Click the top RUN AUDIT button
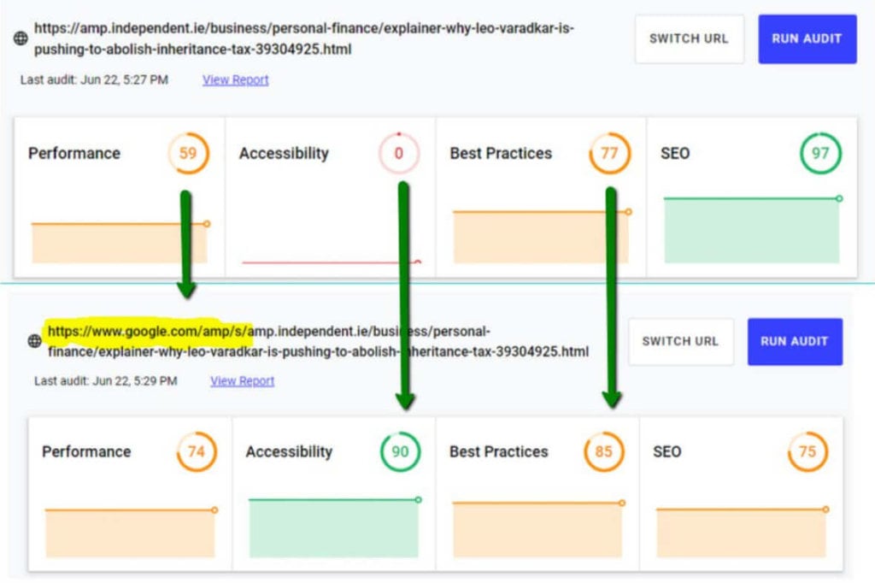807,38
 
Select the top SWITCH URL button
690,38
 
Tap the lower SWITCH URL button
680,341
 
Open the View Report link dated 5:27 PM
236,79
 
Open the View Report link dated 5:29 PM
242,381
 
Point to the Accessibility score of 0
398,153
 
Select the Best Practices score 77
609,153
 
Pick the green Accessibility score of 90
400,451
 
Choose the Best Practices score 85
604,451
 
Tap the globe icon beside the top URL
21,38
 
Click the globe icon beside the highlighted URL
34,340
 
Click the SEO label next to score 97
675,153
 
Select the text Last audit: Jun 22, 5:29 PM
105,381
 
